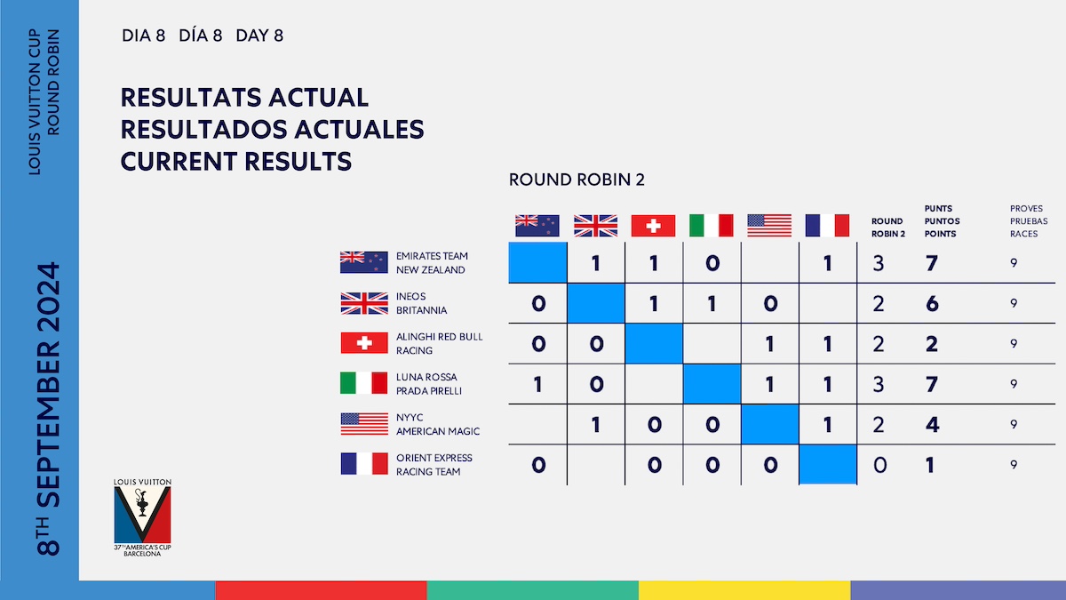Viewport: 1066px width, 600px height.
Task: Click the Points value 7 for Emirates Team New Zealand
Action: click(931, 263)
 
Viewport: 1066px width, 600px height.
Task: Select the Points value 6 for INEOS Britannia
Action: click(931, 303)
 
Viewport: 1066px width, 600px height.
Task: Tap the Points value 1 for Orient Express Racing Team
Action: click(930, 465)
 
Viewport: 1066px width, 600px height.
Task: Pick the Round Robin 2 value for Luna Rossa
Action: click(879, 384)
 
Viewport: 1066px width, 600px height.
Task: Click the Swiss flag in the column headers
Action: click(653, 226)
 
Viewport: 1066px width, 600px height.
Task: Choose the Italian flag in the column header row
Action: click(711, 226)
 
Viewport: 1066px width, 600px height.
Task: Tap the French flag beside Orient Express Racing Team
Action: click(364, 464)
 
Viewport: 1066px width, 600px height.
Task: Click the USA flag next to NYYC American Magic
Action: click(364, 424)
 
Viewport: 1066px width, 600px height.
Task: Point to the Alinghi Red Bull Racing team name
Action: click(439, 343)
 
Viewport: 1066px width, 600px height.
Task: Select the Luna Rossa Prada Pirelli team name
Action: click(430, 384)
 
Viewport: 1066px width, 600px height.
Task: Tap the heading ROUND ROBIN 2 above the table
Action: click(577, 180)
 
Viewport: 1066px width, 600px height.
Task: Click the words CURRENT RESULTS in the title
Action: click(235, 162)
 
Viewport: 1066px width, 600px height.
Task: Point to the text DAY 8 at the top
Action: click(259, 36)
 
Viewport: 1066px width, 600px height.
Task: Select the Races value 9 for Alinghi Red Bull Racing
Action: click(1014, 343)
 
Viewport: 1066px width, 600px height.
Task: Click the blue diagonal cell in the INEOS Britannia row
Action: click(595, 303)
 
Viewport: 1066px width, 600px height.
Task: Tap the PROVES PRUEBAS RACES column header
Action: click(1029, 220)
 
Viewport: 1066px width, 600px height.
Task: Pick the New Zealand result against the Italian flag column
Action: click(711, 263)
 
